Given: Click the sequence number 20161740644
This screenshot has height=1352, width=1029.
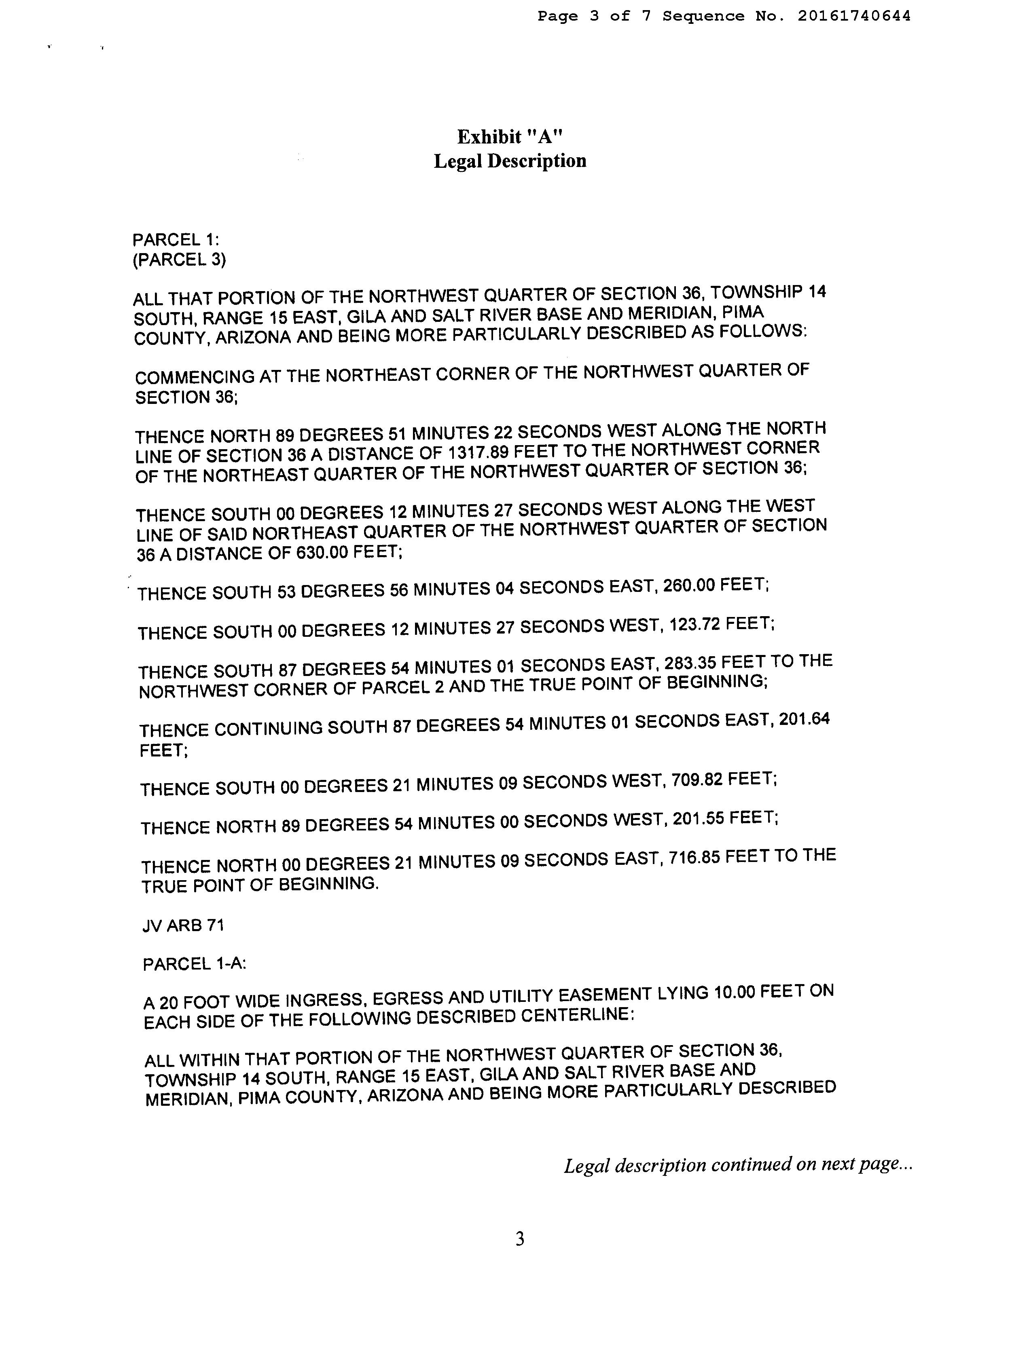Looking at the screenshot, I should click(854, 16).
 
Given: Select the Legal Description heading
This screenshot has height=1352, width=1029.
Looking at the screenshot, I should click(510, 161).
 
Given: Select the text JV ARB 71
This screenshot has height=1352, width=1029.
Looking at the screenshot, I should click(183, 925).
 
